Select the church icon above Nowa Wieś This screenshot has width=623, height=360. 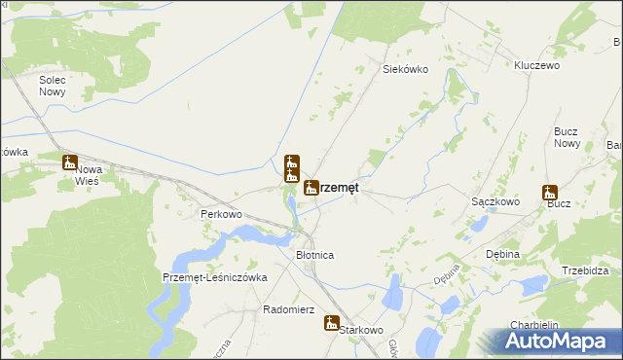click(x=69, y=162)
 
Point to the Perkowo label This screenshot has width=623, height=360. click(x=220, y=214)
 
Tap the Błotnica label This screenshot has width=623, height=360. click(x=314, y=254)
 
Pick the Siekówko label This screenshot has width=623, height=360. click(x=405, y=69)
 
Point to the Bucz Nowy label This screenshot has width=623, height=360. click(x=567, y=137)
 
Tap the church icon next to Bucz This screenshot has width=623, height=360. click(x=550, y=193)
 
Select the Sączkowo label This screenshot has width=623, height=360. click(x=495, y=201)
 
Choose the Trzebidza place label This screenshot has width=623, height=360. click(x=585, y=270)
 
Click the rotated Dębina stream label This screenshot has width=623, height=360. click(x=447, y=276)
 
